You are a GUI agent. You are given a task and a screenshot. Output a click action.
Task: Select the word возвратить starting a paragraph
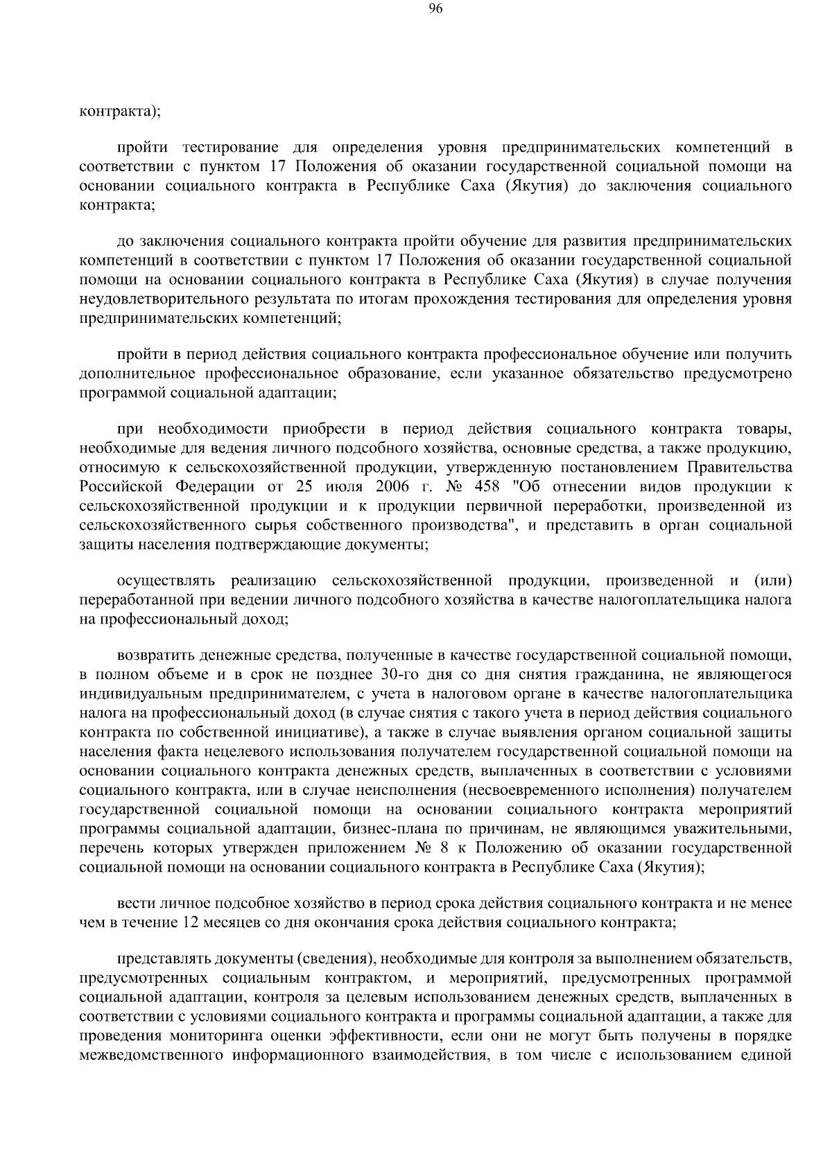point(156,655)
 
